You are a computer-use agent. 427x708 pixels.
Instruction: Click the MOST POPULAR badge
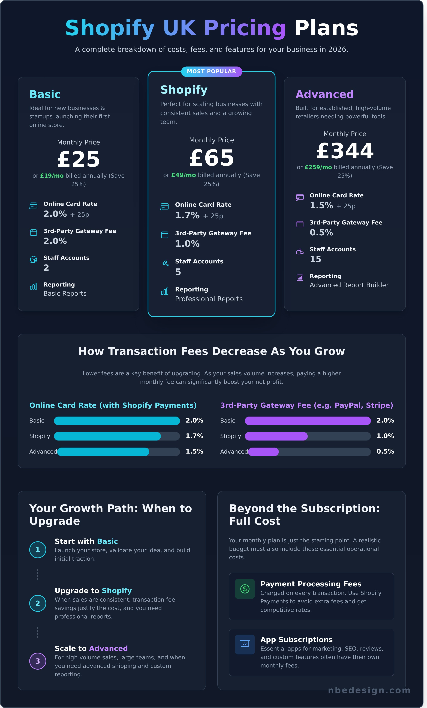coord(212,71)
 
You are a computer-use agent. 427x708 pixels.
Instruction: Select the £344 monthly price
coord(345,151)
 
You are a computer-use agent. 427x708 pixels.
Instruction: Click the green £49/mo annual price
coord(183,175)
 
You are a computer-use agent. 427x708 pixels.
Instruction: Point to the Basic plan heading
coord(45,94)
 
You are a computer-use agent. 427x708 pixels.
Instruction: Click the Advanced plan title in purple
coord(324,94)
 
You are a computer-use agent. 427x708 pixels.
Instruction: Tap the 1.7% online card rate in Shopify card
coord(187,215)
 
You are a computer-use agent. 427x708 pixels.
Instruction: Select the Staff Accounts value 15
coord(315,259)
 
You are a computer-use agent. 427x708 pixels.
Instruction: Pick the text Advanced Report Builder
coord(349,285)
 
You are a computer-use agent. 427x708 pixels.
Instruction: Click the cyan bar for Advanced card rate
coord(103,451)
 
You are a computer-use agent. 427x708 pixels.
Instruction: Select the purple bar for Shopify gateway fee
coord(276,436)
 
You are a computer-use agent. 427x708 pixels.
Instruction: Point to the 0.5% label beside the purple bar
coord(385,451)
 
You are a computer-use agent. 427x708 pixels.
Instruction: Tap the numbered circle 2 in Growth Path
coord(38,603)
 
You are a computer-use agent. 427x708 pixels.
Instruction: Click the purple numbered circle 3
coord(38,661)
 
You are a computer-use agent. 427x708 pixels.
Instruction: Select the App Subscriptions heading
coord(296,640)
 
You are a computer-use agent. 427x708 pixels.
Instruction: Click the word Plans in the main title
coord(326,28)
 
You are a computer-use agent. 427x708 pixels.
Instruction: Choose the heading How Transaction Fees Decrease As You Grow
coord(212,351)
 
